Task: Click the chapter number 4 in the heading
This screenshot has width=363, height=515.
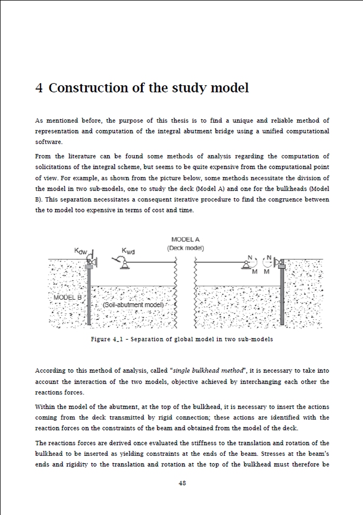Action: coord(39,88)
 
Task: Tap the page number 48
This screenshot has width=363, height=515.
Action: coord(182,483)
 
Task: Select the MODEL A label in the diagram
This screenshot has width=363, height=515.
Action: coord(185,240)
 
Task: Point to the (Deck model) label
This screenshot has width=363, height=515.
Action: coord(185,248)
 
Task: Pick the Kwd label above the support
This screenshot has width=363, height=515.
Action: coord(128,251)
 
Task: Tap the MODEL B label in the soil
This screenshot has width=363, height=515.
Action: coord(67,297)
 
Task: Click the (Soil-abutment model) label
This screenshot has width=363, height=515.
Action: coord(133,305)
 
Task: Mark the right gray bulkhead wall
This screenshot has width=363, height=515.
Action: coord(282,296)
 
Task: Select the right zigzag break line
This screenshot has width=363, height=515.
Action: coord(196,293)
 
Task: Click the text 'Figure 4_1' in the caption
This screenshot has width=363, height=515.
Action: coord(108,339)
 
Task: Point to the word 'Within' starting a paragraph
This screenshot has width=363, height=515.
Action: coord(45,406)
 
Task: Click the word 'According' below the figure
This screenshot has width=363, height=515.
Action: coord(51,371)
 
